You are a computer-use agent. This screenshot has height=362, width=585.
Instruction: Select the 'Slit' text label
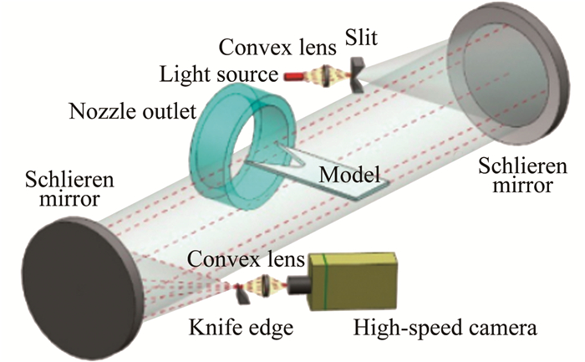point(359,35)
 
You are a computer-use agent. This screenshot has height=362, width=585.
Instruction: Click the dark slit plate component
point(356,73)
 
